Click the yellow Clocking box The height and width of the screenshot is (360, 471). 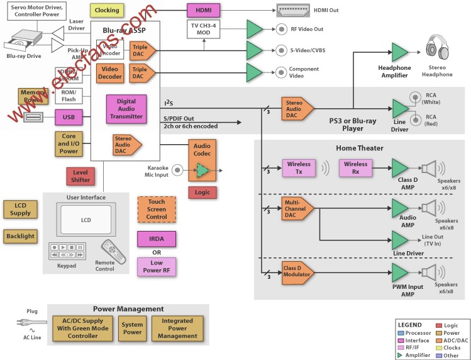107,11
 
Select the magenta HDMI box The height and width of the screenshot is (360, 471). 204,11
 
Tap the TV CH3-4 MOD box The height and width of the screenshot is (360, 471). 204,29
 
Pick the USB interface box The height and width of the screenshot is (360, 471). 69,117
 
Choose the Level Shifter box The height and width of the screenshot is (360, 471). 80,177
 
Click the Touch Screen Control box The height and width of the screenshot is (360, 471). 157,208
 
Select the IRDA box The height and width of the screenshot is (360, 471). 157,239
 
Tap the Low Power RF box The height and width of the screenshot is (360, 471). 157,267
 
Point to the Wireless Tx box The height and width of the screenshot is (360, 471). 299,168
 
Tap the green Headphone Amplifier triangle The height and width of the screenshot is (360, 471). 400,52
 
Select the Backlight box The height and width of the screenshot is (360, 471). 19,236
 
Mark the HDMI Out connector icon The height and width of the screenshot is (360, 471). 294,11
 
